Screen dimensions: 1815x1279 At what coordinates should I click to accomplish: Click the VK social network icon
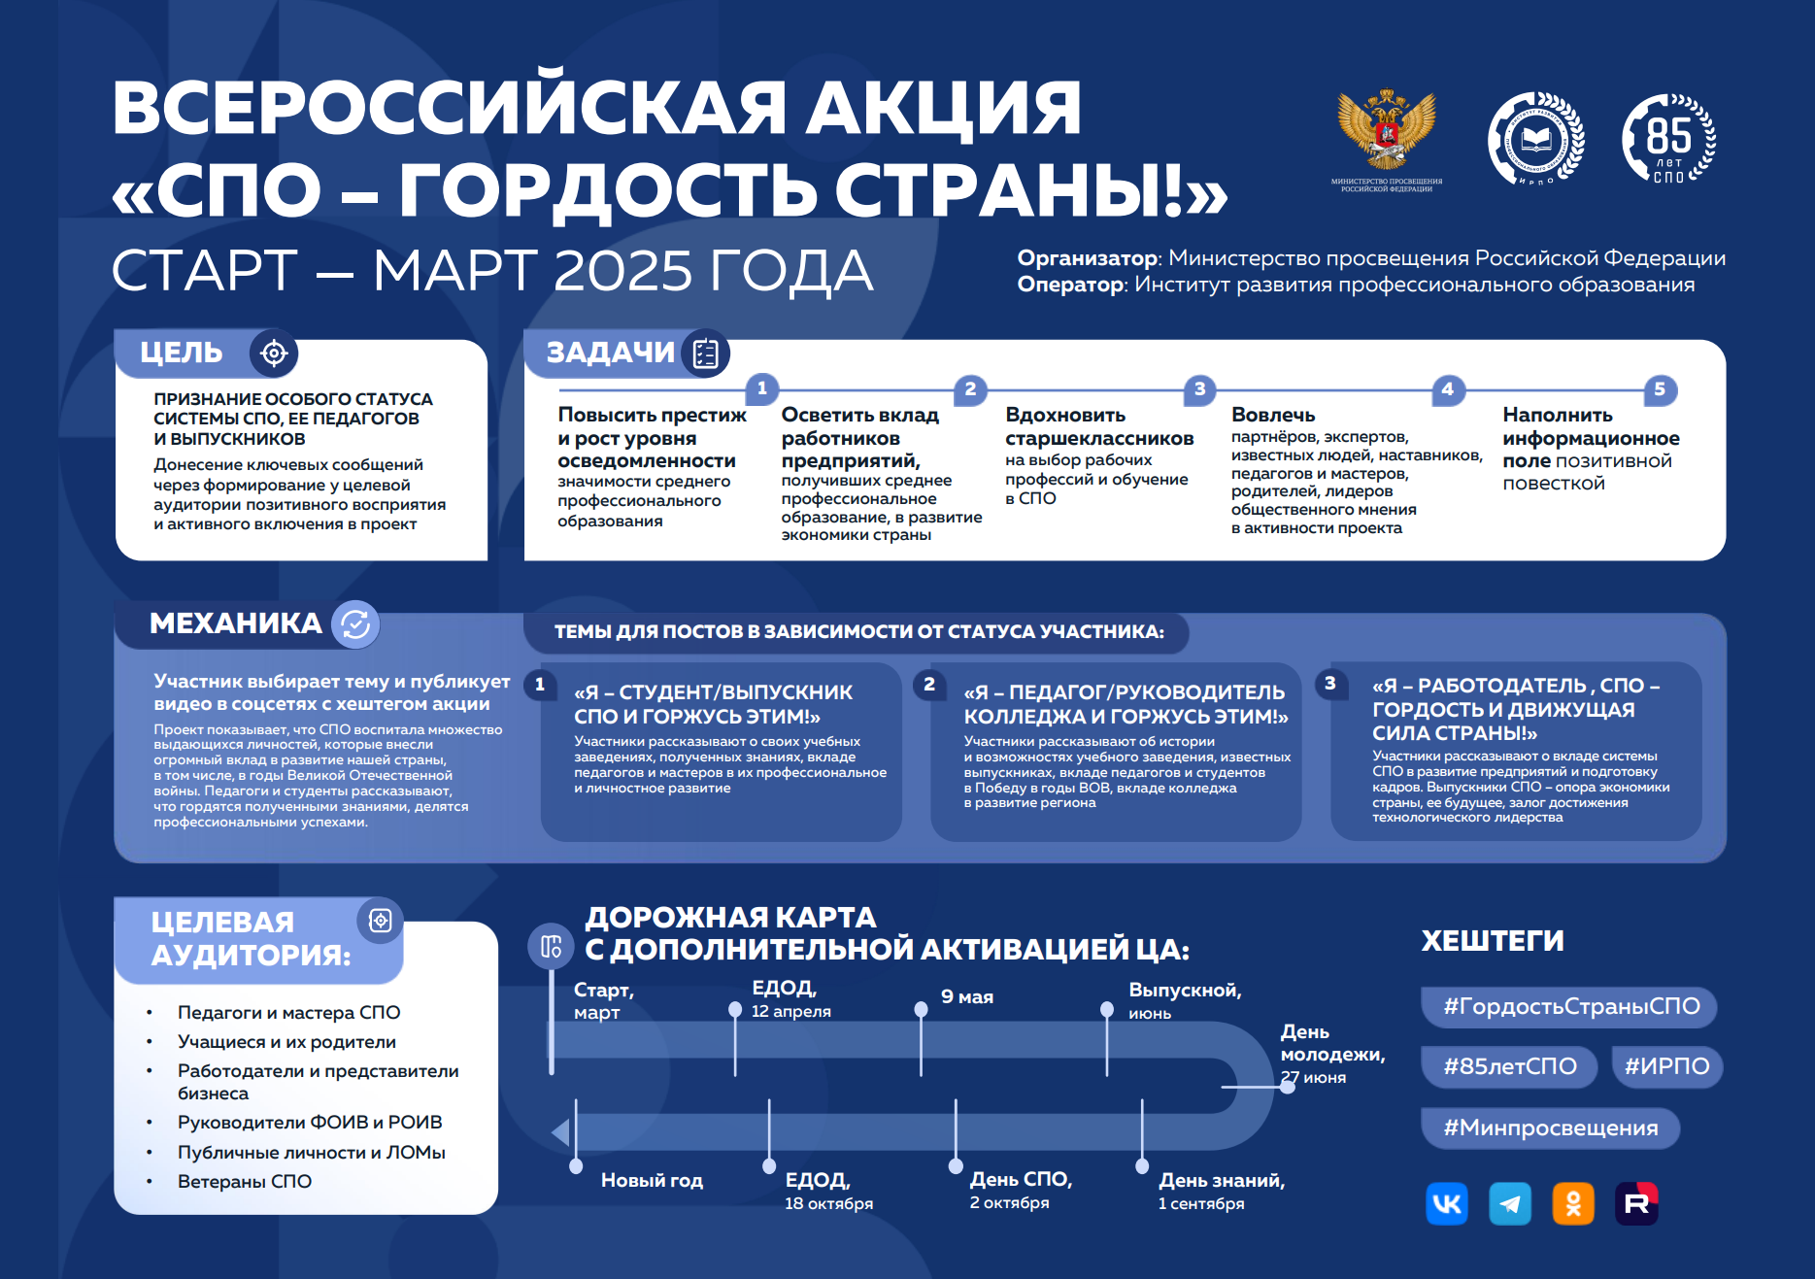(1447, 1204)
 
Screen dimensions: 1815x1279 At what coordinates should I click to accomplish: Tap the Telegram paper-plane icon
(1510, 1204)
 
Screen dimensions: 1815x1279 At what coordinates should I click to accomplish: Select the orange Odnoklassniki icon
(1573, 1204)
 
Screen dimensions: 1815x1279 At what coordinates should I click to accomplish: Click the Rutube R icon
(1636, 1204)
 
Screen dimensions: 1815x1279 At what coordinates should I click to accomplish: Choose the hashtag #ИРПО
(1666, 1066)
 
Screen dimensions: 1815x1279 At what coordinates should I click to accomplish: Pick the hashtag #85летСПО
(1509, 1066)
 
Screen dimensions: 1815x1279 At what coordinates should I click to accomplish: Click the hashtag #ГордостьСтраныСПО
(1569, 1006)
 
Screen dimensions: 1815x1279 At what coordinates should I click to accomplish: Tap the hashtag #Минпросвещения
(1550, 1128)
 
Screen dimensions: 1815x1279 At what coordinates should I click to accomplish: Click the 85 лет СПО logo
(1668, 139)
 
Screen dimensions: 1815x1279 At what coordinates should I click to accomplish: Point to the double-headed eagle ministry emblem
(1387, 131)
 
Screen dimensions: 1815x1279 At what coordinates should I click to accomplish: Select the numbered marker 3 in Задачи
(1200, 389)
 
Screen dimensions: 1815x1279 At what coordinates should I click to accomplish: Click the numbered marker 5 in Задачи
(1660, 389)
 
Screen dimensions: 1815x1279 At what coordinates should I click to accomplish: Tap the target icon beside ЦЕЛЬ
(274, 353)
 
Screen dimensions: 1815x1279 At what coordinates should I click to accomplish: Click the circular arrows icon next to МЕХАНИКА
(355, 623)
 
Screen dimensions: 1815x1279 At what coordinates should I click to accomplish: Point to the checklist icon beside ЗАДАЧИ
(705, 353)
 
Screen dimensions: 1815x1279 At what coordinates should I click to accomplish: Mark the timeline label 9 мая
(967, 997)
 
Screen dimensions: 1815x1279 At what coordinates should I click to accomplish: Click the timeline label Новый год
(652, 1180)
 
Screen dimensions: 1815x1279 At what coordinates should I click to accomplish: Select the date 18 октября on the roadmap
(828, 1203)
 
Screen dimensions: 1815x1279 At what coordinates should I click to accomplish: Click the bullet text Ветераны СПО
(245, 1182)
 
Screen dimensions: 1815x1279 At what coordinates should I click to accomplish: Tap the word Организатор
(1088, 258)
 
